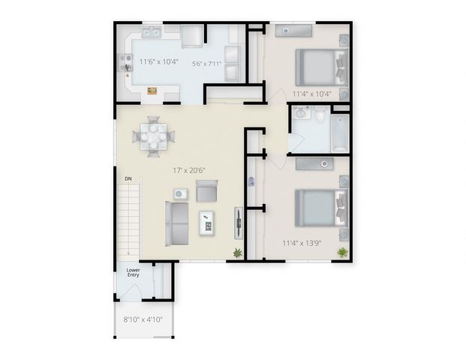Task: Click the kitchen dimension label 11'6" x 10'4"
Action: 158,61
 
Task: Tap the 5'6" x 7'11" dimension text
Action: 206,64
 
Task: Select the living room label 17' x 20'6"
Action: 189,170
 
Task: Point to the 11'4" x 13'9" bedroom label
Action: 302,243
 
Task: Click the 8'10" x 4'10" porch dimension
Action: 143,319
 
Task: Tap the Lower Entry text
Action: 133,272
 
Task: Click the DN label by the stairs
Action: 128,178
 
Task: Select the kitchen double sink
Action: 151,31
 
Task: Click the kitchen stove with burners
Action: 126,63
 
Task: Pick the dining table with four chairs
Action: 154,136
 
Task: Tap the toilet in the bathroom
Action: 320,115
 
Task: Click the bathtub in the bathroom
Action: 340,133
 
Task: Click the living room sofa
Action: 177,223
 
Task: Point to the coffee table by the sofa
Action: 207,223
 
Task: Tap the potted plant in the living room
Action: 237,253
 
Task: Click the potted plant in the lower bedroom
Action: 342,253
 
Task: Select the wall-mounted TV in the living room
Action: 239,223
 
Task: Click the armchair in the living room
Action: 207,190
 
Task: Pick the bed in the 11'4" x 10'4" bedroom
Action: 322,67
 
